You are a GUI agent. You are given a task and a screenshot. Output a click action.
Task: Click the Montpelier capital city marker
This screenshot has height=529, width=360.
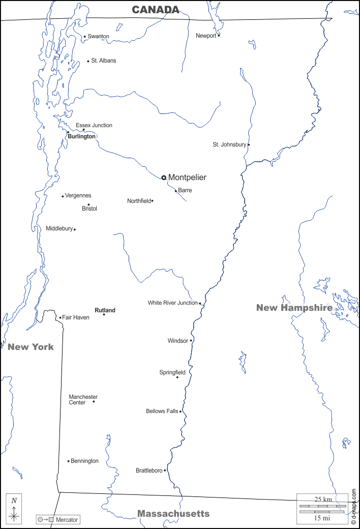(164, 178)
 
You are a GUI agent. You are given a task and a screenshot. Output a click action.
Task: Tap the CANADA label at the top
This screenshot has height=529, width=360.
(156, 10)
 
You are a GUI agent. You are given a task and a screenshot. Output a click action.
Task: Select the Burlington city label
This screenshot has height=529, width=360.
(81, 136)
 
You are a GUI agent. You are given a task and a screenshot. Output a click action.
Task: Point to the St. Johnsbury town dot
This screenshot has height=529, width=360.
(249, 144)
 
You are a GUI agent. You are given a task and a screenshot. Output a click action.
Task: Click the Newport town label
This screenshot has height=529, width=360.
(206, 36)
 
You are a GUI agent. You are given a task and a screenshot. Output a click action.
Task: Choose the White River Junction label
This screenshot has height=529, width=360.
(173, 303)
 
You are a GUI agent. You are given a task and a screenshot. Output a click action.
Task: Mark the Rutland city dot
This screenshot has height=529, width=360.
(104, 314)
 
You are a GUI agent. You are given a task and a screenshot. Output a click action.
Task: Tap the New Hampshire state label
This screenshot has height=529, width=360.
(294, 307)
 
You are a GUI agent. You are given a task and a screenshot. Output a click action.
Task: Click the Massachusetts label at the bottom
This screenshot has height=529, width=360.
(173, 513)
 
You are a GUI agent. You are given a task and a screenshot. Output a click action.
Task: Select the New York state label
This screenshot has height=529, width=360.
(31, 347)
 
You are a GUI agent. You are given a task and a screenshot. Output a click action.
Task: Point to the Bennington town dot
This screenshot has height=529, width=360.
(69, 461)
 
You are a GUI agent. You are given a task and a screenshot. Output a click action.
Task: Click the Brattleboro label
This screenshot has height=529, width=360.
(149, 471)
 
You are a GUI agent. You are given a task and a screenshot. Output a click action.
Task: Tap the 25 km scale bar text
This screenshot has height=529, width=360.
(323, 499)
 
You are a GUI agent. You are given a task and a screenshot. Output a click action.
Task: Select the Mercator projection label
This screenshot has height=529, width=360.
(67, 520)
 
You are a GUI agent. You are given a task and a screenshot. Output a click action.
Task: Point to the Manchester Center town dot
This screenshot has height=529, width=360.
(94, 401)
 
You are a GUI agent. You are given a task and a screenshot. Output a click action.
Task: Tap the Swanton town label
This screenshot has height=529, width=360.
(98, 36)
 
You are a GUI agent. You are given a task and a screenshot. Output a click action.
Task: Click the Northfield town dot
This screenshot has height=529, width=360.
(152, 201)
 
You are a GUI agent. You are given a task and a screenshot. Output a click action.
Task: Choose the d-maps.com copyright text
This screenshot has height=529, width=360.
(353, 507)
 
